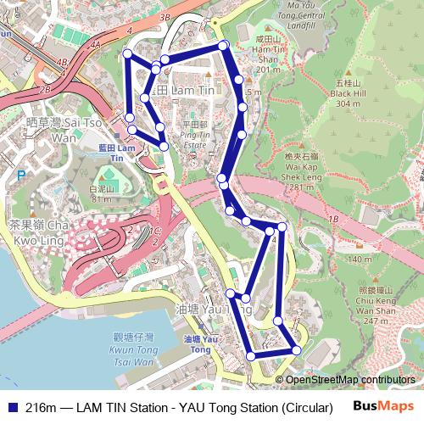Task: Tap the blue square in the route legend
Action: coord(11,406)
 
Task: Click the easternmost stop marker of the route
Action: coord(296,349)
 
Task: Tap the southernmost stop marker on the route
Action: coord(250,358)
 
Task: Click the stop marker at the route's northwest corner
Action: coord(128,54)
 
